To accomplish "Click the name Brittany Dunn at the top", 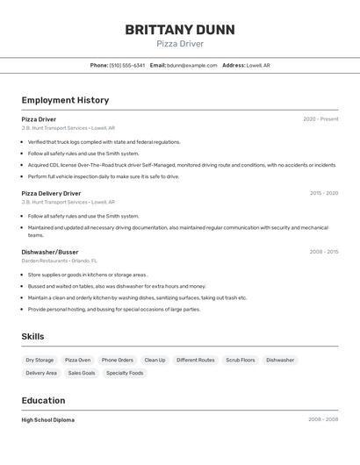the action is pos(180,30).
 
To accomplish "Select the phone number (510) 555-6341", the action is pos(127,65).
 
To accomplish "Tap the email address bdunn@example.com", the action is pos(192,65).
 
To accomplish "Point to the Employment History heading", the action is pos(65,100).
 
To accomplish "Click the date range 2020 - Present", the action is pos(320,119).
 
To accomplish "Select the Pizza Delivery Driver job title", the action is pos(51,193).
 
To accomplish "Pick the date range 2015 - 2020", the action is pos(324,193).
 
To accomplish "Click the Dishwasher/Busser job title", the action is pos(50,252).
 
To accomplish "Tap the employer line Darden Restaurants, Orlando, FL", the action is pos(60,261).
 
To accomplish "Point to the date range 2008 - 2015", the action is pos(324,252).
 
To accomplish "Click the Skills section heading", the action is pos(32,336).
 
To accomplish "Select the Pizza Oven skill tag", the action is pos(77,360).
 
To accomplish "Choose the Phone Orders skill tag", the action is pos(117,360).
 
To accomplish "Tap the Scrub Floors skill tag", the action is pos(240,360).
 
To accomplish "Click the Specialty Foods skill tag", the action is pos(125,373).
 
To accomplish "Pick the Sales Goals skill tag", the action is pos(82,373).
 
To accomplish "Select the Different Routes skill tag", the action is pos(195,360).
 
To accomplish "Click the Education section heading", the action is pos(43,400).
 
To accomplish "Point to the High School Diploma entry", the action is pos(48,420).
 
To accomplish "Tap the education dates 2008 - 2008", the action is pos(323,420).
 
